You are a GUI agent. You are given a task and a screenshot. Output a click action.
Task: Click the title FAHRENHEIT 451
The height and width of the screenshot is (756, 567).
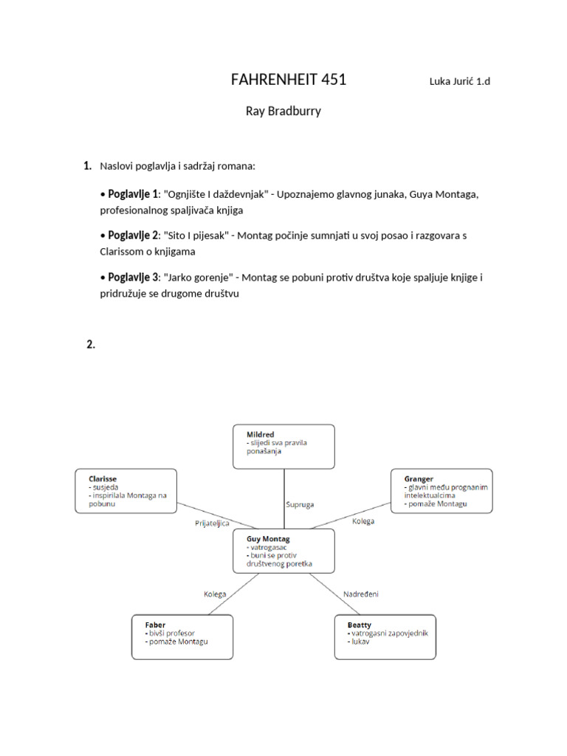[289, 80]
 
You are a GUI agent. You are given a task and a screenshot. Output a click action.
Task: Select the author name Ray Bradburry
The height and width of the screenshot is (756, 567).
[283, 111]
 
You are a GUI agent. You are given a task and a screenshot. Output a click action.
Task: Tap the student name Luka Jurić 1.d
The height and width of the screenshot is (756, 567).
[459, 81]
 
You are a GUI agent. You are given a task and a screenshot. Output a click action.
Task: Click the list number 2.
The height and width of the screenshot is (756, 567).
[91, 345]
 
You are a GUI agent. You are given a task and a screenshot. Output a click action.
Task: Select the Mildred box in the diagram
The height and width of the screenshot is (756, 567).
[283, 446]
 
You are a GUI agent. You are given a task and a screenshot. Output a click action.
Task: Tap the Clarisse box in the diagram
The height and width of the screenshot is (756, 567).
[126, 490]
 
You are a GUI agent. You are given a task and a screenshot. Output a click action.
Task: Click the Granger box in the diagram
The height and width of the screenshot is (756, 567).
[441, 490]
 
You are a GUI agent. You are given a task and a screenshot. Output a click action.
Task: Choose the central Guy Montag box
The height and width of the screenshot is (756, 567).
[283, 551]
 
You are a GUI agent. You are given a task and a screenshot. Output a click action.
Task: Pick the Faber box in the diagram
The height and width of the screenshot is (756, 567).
[182, 636]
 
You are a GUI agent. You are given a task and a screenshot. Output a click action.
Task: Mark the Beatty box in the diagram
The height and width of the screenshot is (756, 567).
[385, 636]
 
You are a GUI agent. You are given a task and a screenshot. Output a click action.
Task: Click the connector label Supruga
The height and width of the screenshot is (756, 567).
[300, 504]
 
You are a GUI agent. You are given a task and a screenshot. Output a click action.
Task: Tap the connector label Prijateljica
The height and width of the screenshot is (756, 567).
[212, 523]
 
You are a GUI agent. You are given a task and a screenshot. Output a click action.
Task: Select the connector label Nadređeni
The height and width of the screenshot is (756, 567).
[361, 594]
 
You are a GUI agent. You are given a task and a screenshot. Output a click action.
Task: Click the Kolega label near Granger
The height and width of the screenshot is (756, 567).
[363, 521]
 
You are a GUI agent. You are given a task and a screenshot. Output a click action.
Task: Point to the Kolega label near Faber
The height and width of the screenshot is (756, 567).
[215, 594]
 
